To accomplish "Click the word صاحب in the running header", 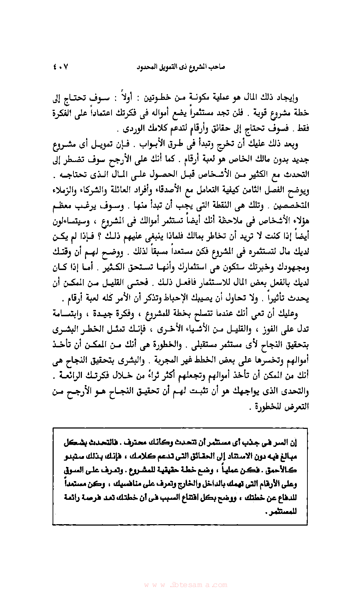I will point(217,66).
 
